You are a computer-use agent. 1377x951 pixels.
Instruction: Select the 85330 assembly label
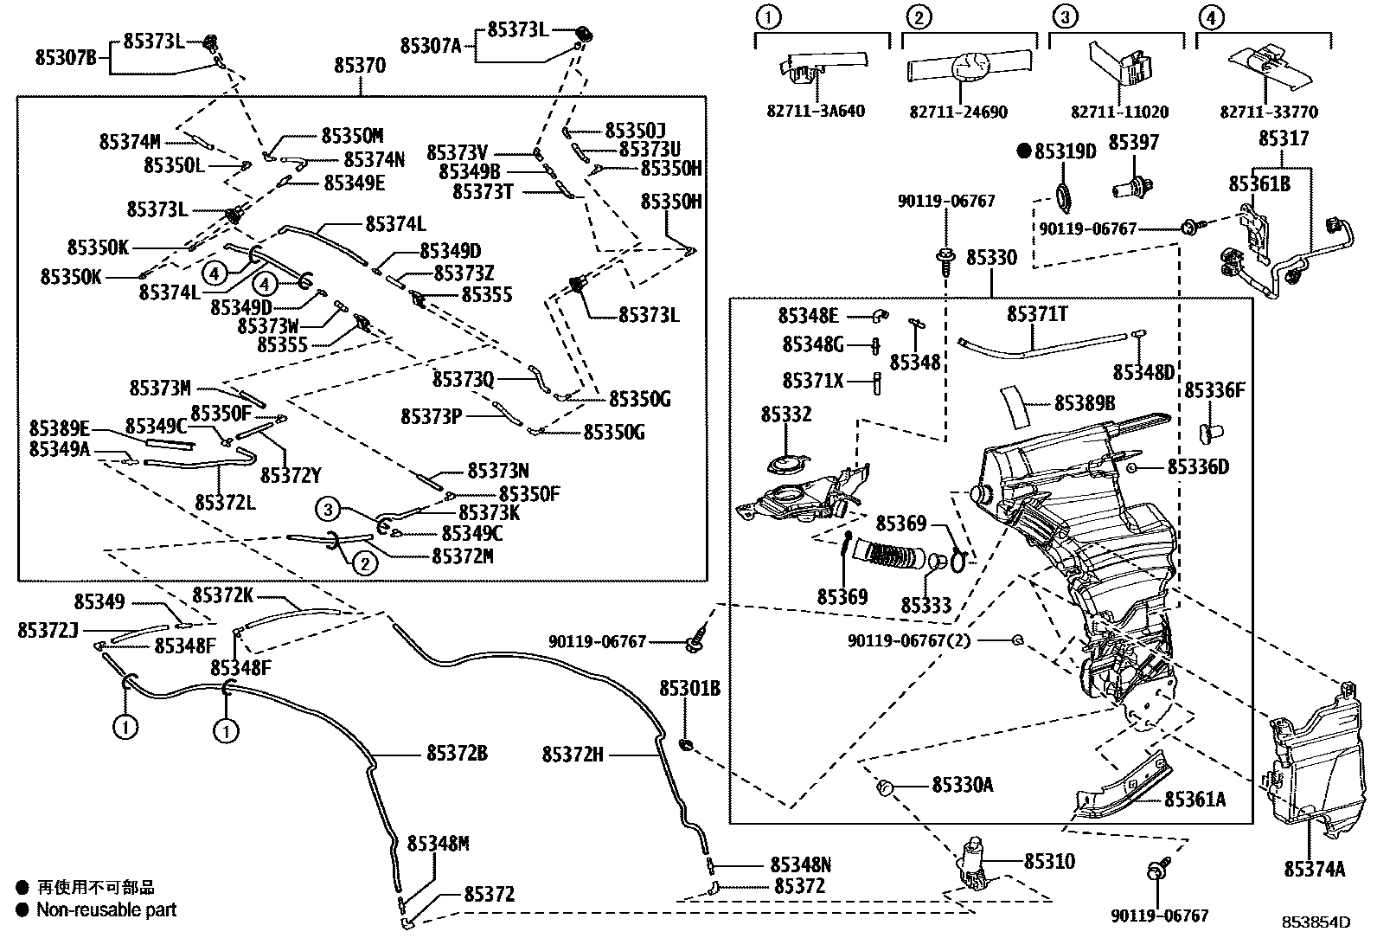click(x=991, y=258)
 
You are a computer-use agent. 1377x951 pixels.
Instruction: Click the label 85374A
click(x=1314, y=870)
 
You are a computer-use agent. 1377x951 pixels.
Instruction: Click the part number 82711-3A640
click(x=815, y=112)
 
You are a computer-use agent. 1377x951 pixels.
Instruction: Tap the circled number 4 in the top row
click(x=1211, y=16)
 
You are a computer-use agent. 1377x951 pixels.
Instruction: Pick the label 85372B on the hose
click(x=457, y=754)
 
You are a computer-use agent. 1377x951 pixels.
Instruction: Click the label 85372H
click(x=573, y=755)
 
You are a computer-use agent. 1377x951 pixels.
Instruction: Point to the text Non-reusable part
click(x=106, y=909)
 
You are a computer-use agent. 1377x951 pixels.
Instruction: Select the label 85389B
click(x=1084, y=403)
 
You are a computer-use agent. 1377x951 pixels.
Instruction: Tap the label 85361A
click(x=1194, y=800)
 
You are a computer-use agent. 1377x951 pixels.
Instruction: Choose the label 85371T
click(x=1037, y=313)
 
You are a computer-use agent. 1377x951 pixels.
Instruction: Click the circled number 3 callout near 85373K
click(x=327, y=511)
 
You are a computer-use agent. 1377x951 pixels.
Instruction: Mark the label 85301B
click(x=689, y=689)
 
